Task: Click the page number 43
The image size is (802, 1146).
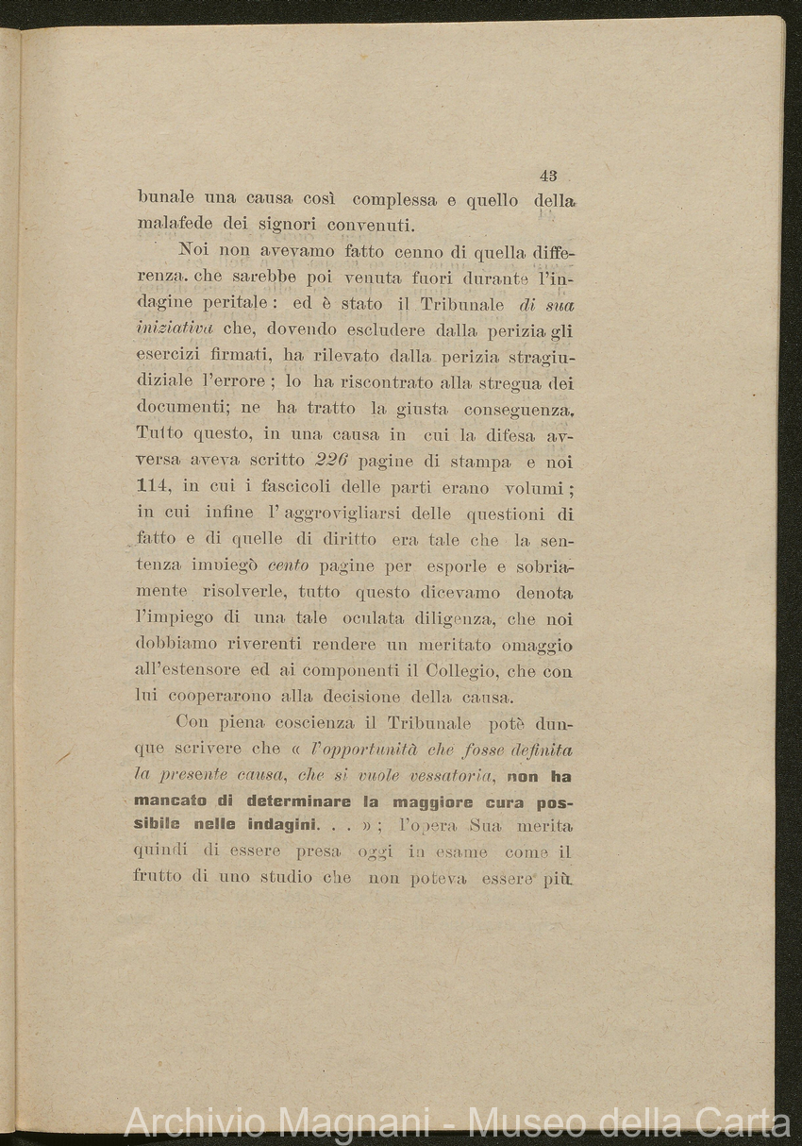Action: click(548, 175)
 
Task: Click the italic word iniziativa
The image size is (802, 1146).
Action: click(175, 329)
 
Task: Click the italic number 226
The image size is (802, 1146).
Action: click(330, 462)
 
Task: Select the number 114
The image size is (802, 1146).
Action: click(156, 487)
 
